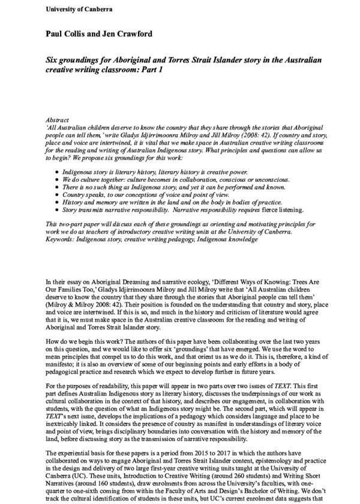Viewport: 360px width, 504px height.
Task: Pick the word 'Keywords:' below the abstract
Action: [62, 239]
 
